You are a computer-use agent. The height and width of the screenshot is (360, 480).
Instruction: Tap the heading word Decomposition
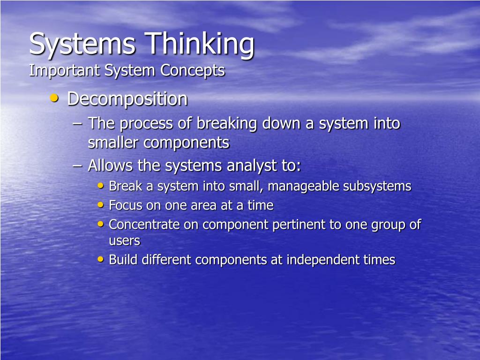pyautogui.click(x=127, y=99)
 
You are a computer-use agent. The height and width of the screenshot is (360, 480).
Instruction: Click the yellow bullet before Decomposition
pyautogui.click(x=55, y=98)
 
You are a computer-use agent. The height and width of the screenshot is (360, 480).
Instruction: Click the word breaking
pyautogui.click(x=227, y=124)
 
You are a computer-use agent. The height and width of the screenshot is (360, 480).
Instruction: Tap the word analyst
pyautogui.click(x=252, y=165)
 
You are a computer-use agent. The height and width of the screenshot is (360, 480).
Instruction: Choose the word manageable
pyautogui.click(x=307, y=187)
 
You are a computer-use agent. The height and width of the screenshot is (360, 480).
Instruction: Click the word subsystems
pyautogui.click(x=377, y=187)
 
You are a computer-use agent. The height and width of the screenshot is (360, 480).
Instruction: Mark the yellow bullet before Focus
pyautogui.click(x=101, y=204)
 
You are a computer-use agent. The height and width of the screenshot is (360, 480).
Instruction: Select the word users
pyautogui.click(x=124, y=241)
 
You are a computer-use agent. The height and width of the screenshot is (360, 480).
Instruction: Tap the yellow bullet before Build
pyautogui.click(x=101, y=259)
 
